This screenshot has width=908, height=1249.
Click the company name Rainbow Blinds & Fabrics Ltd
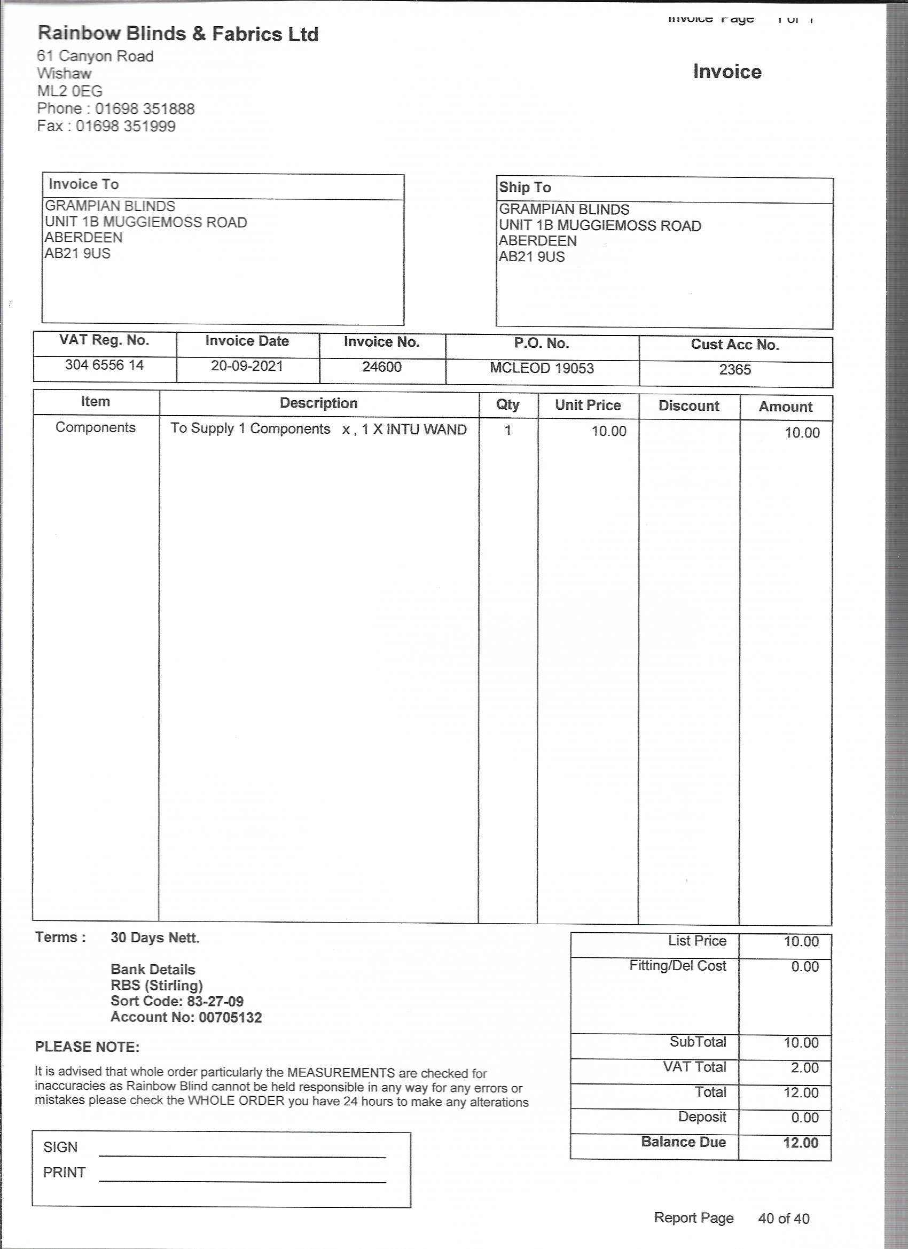click(178, 34)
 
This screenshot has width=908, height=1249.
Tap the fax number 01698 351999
click(126, 126)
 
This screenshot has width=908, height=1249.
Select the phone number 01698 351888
click(145, 108)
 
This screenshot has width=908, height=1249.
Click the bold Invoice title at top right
click(727, 72)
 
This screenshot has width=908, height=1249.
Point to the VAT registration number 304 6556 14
click(104, 365)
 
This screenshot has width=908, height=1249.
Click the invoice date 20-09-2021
click(247, 366)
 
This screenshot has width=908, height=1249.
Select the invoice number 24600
click(381, 368)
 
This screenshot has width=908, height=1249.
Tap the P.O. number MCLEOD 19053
click(542, 369)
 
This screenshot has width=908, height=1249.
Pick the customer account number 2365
click(734, 370)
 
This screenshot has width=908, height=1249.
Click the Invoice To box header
click(84, 184)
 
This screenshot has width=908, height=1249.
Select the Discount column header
click(688, 406)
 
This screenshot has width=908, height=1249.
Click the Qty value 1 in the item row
click(508, 430)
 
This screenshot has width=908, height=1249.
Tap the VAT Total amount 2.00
click(804, 1068)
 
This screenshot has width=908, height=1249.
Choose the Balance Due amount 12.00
click(801, 1143)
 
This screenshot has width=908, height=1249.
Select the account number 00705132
click(230, 1017)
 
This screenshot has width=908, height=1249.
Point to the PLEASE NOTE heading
click(88, 1047)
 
